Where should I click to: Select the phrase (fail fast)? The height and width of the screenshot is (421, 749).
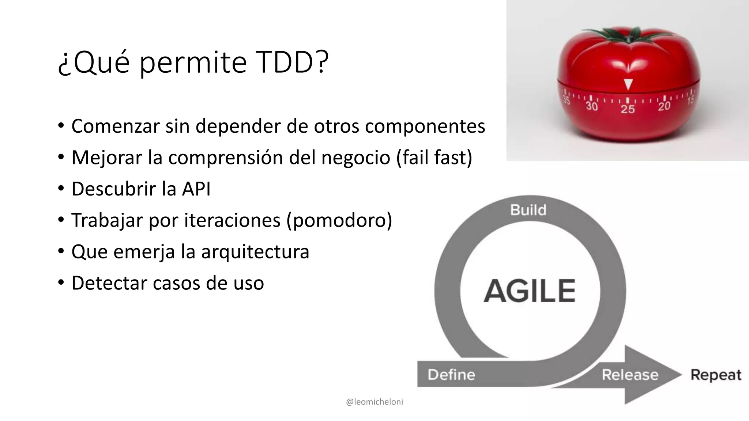434,158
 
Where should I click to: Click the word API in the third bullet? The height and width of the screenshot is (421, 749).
196,189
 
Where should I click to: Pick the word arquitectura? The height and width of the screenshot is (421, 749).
255,251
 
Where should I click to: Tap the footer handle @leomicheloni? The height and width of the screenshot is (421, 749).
374,402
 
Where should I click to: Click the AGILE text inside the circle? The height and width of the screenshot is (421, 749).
530,291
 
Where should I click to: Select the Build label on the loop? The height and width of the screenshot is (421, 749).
528,210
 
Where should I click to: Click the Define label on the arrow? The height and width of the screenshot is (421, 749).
451,375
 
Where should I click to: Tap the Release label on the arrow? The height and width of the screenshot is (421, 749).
630,375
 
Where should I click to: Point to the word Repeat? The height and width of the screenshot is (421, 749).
716,375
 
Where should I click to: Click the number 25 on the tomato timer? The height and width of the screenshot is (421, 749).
628,109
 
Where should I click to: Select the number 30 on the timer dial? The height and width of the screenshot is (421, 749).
591,106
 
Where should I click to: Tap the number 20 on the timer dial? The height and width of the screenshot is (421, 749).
664,106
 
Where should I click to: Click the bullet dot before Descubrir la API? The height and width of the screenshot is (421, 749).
61,189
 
